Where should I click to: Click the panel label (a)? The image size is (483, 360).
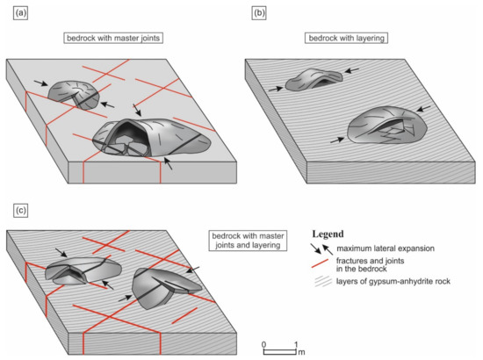click(x=21, y=13)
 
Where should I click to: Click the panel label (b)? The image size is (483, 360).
click(x=259, y=13)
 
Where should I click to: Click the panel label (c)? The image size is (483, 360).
click(x=21, y=211)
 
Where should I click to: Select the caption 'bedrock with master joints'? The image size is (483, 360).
click(x=113, y=38)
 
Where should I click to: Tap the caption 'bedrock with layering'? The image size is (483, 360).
click(x=346, y=38)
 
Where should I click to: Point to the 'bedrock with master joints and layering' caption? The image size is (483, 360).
click(x=248, y=241)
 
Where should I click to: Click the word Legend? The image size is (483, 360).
click(x=328, y=234)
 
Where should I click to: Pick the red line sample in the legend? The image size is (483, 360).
click(x=320, y=263)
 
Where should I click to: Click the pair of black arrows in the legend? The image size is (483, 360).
click(x=322, y=249)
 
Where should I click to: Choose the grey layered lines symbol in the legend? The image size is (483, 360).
click(x=322, y=282)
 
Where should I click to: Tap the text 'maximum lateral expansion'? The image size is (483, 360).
click(x=386, y=248)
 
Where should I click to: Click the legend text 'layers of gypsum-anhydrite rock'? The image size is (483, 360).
click(x=393, y=281)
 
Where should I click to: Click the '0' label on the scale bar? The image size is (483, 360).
click(x=263, y=344)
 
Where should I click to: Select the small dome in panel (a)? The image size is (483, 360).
click(x=74, y=95)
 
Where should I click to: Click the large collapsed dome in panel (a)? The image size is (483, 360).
click(x=152, y=137)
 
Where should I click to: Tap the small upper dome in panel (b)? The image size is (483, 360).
click(x=314, y=79)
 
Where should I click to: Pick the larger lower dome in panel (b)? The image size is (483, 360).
click(x=387, y=125)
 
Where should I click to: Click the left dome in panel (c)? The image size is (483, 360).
click(x=83, y=271)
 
